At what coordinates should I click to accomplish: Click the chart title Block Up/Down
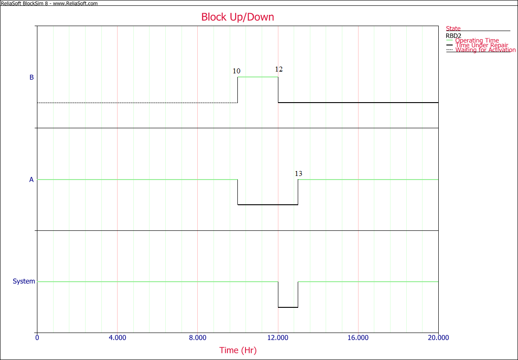[x=237, y=17]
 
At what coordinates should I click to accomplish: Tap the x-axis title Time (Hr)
[x=238, y=350]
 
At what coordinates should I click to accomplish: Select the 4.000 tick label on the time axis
[x=117, y=337]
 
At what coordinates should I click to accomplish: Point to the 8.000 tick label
[x=198, y=337]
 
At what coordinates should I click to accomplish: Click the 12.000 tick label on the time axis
[x=278, y=337]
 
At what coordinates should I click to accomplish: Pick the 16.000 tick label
[x=358, y=337]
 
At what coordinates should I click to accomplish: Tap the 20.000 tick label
[x=438, y=337]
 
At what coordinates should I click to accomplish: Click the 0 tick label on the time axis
[x=37, y=337]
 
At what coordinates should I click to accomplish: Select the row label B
[x=32, y=77]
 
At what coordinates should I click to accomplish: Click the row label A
[x=32, y=180]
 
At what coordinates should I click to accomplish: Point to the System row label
[x=24, y=281]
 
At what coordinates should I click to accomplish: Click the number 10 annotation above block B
[x=236, y=71]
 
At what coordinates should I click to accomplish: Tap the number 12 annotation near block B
[x=279, y=69]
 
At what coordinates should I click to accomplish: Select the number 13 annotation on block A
[x=298, y=174]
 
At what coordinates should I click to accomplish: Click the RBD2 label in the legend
[x=453, y=36]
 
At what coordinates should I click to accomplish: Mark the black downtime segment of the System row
[x=288, y=307]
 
